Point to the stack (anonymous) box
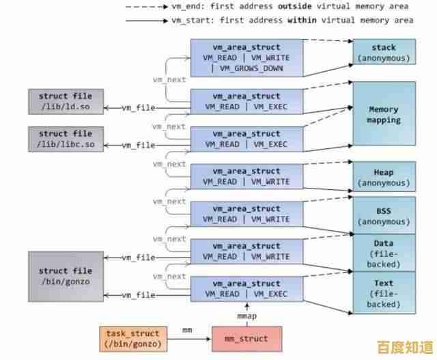coord(384,53)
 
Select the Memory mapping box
coord(384,115)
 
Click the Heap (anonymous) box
coord(384,178)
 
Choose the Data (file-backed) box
coord(384,253)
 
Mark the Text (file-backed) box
coord(384,292)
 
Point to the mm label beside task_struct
coord(186,331)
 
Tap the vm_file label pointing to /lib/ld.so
coord(139,108)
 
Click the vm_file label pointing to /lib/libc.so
coord(139,145)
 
